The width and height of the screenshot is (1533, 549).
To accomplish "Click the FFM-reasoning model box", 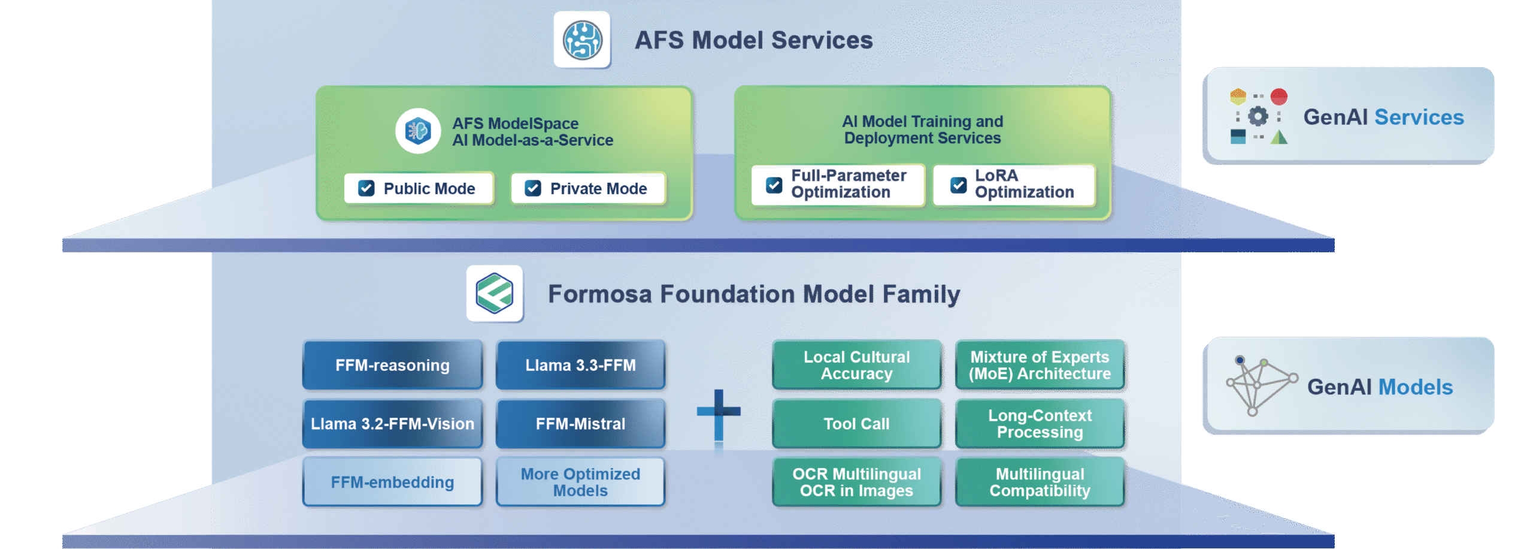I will [x=392, y=365].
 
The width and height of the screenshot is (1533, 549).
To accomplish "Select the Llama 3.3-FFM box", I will [x=580, y=365].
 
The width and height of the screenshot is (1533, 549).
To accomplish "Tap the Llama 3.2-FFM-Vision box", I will [x=392, y=424].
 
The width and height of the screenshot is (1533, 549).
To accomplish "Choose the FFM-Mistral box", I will [x=580, y=424].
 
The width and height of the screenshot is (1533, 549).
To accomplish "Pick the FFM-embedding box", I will [x=392, y=482].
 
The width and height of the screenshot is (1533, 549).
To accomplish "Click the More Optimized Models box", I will [x=580, y=482].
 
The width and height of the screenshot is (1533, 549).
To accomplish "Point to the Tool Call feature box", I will [x=856, y=424].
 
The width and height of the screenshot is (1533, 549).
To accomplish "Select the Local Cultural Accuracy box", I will [x=856, y=365].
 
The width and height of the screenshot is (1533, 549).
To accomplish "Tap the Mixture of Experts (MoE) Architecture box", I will [x=1040, y=365].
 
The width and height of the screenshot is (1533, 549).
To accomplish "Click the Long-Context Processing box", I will [x=1040, y=424].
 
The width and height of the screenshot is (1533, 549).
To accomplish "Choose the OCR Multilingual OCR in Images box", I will [x=856, y=482].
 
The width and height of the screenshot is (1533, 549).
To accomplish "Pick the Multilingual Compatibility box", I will [x=1040, y=482].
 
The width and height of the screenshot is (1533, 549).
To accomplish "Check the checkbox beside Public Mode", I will [x=366, y=188].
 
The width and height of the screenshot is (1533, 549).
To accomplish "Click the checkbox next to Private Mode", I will [x=532, y=188].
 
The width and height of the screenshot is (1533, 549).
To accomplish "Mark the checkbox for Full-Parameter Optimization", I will [x=774, y=185].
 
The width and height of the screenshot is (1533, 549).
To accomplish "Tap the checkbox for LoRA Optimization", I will [x=958, y=185].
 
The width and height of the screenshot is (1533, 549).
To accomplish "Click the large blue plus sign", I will [x=719, y=413].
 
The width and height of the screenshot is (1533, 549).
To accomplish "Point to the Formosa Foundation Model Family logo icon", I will [x=495, y=294].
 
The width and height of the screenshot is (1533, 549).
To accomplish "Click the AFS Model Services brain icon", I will [x=582, y=40].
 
